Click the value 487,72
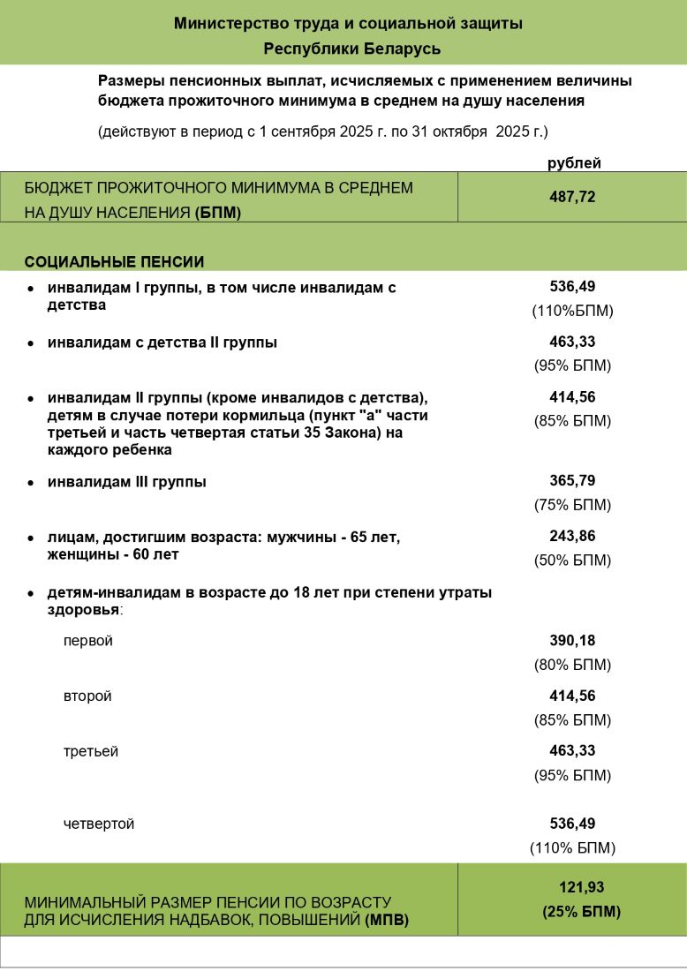[x=572, y=196]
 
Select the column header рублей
[x=574, y=162]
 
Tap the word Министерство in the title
[x=221, y=24]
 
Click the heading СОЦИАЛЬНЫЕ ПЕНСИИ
[x=114, y=262]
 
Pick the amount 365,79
[x=572, y=482]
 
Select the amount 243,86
[x=572, y=537]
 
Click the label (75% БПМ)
[x=572, y=506]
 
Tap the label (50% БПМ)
[x=572, y=561]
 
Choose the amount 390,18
[x=572, y=641]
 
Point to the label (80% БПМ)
[x=572, y=665]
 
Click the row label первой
[x=88, y=641]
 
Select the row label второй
[x=87, y=696]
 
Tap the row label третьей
[x=91, y=751]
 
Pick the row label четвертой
[x=99, y=824]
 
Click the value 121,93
[x=581, y=888]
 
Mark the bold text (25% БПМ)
[x=581, y=912]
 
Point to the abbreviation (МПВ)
[x=386, y=921]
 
